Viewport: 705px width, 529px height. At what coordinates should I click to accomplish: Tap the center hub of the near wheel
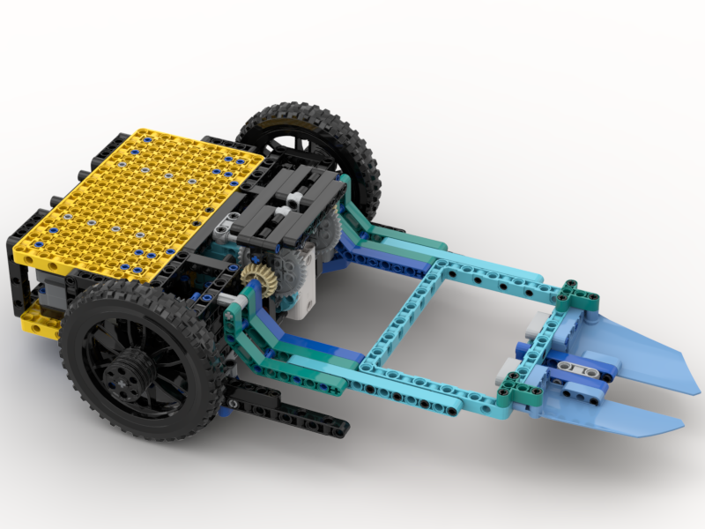pyautogui.click(x=120, y=375)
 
